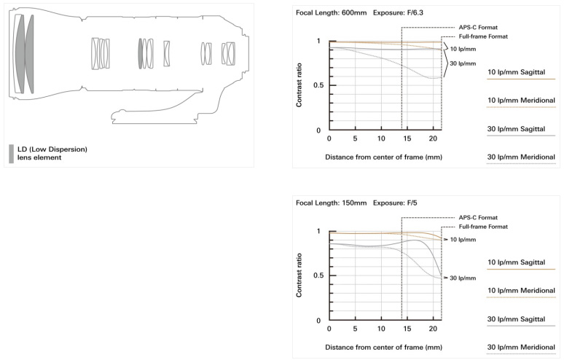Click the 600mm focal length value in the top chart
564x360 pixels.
point(354,13)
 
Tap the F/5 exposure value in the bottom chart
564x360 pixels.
point(412,203)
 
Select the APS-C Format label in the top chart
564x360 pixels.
point(478,28)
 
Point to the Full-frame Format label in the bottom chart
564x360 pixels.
point(483,227)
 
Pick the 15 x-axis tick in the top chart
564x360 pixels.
point(407,138)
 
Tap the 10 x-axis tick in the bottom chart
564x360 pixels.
point(381,329)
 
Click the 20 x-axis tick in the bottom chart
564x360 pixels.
point(433,329)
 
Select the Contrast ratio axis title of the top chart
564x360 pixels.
point(299,85)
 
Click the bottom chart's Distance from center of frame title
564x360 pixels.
point(383,348)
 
